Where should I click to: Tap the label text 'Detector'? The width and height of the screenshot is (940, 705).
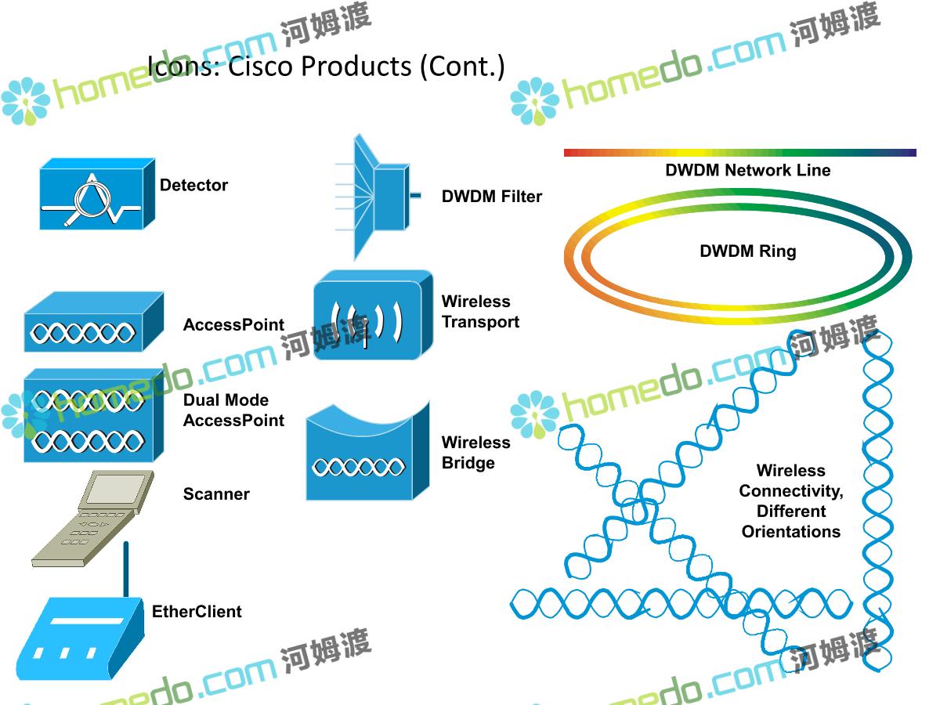coord(193,186)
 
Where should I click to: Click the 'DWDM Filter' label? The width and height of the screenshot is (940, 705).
coord(491,197)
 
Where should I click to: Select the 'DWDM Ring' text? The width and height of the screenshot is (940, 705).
coord(747,251)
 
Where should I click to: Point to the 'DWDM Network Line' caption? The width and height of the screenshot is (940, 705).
coord(747,170)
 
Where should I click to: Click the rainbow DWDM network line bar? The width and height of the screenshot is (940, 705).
coord(739,153)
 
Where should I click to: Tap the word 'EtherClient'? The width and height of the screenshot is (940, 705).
coord(197,612)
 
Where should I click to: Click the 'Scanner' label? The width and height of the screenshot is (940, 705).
coord(216,494)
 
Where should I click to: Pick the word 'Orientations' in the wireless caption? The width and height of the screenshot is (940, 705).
coord(790,532)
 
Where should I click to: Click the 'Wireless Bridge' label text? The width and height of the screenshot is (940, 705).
coord(475,453)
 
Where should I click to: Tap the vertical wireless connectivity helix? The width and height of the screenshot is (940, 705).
coord(877,501)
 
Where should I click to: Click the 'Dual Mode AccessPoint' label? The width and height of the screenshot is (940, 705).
coord(233,410)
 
